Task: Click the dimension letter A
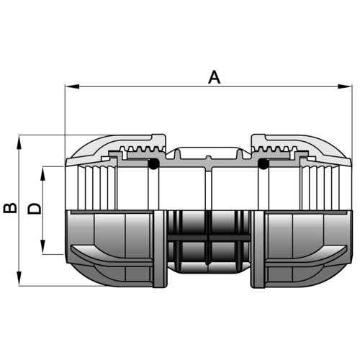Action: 214,77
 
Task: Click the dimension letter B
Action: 10,208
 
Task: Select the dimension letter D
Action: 35,208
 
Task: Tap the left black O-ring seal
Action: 153,163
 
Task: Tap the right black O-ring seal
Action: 263,163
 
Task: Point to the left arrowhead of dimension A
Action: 72,86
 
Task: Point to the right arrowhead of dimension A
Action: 345,86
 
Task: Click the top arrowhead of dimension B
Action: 19,143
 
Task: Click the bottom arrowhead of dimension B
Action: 19,279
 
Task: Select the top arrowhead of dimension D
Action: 42,174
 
